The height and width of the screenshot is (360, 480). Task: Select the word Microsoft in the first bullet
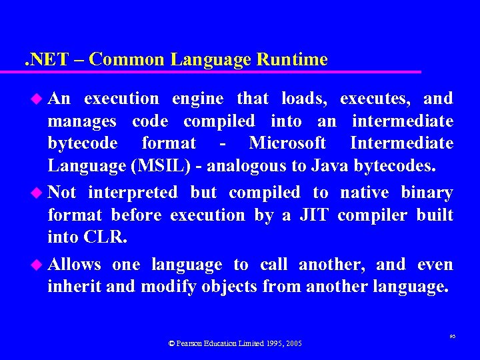pos(287,143)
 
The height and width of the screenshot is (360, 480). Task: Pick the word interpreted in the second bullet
pos(133,193)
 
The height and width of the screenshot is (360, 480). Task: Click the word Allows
pos(74,264)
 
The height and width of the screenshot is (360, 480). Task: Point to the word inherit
pos(70,287)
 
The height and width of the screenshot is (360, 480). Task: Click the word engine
pos(198,99)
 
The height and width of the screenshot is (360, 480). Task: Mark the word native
pos(365,193)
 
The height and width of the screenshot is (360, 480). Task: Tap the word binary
pos(427,193)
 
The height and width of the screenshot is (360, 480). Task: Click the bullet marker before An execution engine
pos(37,99)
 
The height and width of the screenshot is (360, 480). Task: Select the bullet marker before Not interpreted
pos(37,193)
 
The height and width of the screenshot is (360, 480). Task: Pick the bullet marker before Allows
pos(37,265)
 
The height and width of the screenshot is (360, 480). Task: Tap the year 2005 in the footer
pos(294,343)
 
